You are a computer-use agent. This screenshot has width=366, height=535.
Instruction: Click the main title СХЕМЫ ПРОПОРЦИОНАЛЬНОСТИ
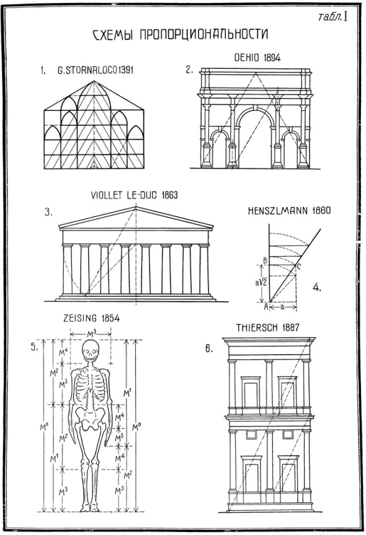coord(181,35)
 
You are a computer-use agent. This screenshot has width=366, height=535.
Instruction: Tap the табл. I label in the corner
coord(333,17)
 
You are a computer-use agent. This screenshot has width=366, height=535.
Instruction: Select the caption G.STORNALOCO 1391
coord(96,70)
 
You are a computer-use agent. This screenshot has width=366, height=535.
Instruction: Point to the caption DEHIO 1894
coord(257,58)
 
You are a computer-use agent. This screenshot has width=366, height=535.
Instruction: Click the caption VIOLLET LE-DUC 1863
coord(134,195)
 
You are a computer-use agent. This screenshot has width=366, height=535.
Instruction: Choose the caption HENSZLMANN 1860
coord(289,210)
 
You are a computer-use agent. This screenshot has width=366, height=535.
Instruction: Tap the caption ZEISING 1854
coord(92,319)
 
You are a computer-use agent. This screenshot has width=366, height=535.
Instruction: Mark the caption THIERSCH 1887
coord(267,328)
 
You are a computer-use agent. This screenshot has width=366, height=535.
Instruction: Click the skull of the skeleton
coord(91,350)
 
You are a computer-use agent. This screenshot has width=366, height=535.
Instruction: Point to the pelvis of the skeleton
coord(90,417)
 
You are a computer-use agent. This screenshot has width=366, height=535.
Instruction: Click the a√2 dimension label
coord(262,283)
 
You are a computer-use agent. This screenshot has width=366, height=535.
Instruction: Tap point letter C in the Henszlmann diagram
coord(298,267)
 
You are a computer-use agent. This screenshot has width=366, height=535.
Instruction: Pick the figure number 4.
coord(317,287)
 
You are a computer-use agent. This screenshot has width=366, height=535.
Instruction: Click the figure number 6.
coord(209,348)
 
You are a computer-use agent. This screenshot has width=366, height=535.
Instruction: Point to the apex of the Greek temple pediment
coord(136,207)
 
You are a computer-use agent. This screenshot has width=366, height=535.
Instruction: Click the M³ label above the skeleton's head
coord(91,331)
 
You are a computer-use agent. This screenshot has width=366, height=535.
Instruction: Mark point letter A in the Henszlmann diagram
coord(266,306)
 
